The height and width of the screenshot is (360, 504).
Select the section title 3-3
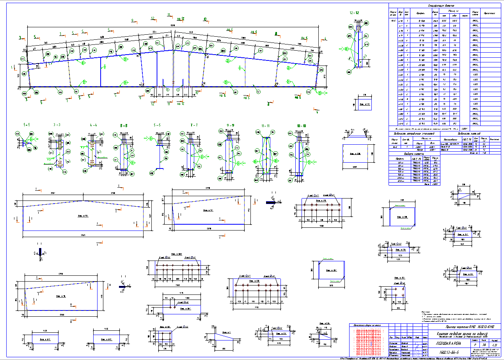pyautogui.click(x=57, y=125)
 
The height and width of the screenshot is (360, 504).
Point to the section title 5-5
pyautogui.click(x=157, y=125)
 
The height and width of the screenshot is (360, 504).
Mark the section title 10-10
pyautogui.click(x=301, y=126)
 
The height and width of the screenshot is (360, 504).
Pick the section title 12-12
pyautogui.click(x=355, y=13)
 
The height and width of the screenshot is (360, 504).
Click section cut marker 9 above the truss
pyautogui.click(x=132, y=20)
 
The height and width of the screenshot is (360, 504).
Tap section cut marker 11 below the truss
pyautogui.click(x=169, y=104)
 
